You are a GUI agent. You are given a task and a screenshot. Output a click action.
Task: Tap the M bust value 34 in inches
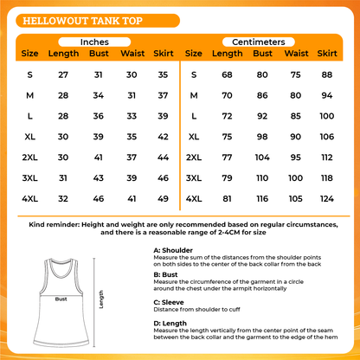point(98,94)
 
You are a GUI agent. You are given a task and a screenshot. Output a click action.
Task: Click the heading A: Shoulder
point(174,250)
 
